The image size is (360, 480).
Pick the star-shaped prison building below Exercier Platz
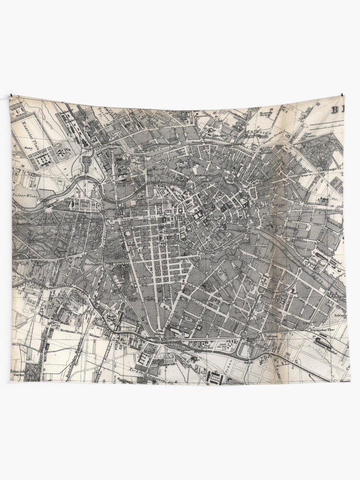coord(63,154)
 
